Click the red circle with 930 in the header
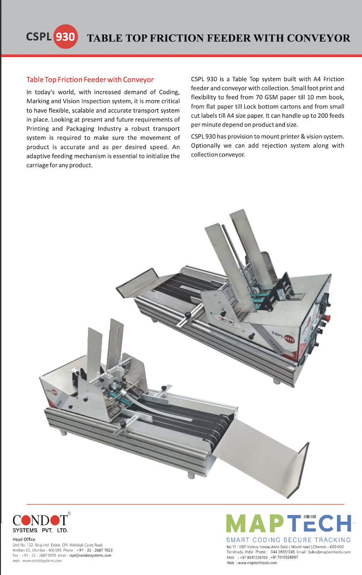pos(65,37)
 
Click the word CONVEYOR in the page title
pos(318,38)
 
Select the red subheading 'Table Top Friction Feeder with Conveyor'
pos(90,80)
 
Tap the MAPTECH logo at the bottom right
pos(288,524)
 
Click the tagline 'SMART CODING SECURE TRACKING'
pos(288,540)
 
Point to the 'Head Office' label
pos(24,539)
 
